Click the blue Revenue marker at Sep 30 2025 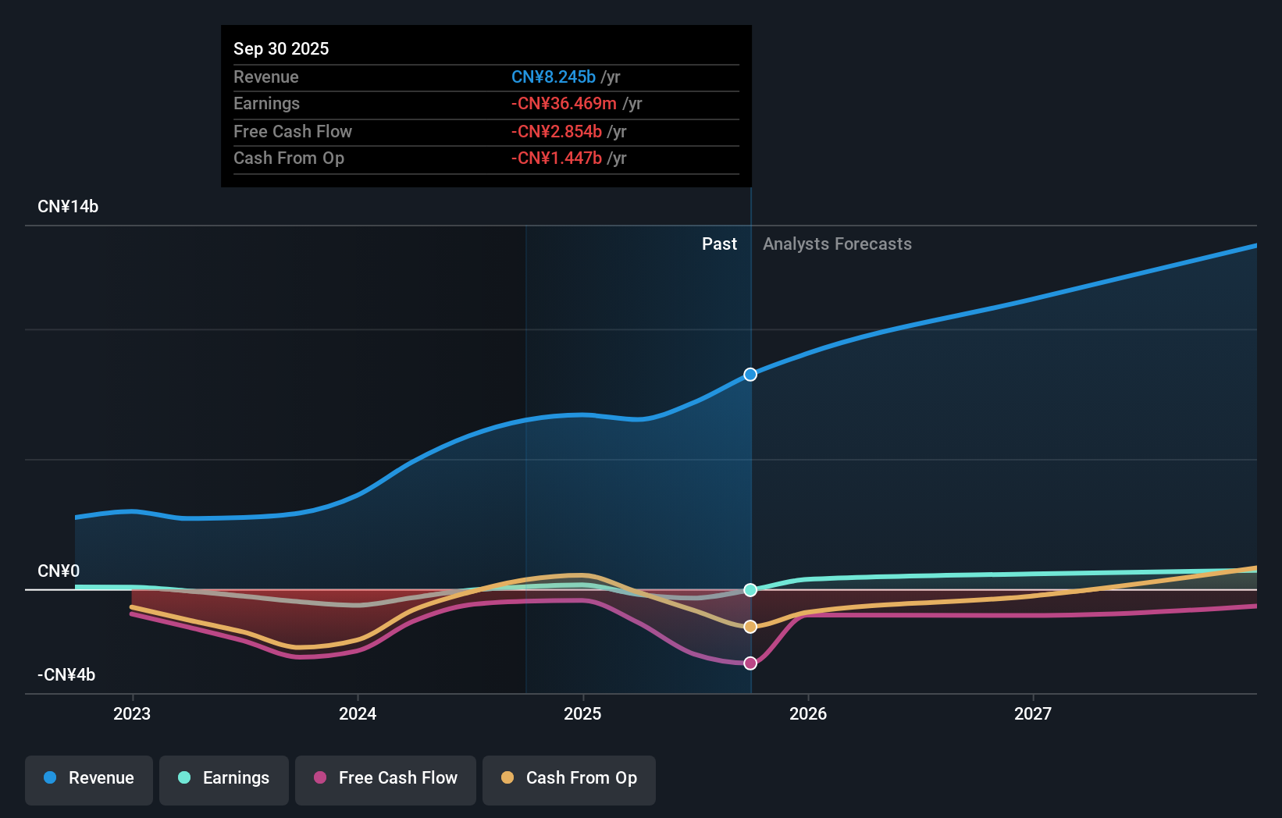pos(750,375)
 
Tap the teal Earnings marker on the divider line pos(750,590)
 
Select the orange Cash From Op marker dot pos(750,627)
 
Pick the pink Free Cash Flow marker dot pos(750,663)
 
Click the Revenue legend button pos(89,778)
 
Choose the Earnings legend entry pos(224,778)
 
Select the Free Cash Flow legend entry pos(386,778)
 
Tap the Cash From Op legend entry pos(569,778)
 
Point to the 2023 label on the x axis pos(132,713)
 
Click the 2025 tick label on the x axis pos(582,713)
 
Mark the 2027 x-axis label pos(1032,713)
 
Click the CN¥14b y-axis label pos(68,207)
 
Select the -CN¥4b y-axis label pos(66,675)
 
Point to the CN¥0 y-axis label pos(59,571)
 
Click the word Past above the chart pos(719,244)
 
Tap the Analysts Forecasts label pos(837,244)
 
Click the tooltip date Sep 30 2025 pos(281,49)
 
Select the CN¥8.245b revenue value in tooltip pos(554,77)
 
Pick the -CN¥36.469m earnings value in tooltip pos(564,104)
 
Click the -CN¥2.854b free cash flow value pos(557,132)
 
